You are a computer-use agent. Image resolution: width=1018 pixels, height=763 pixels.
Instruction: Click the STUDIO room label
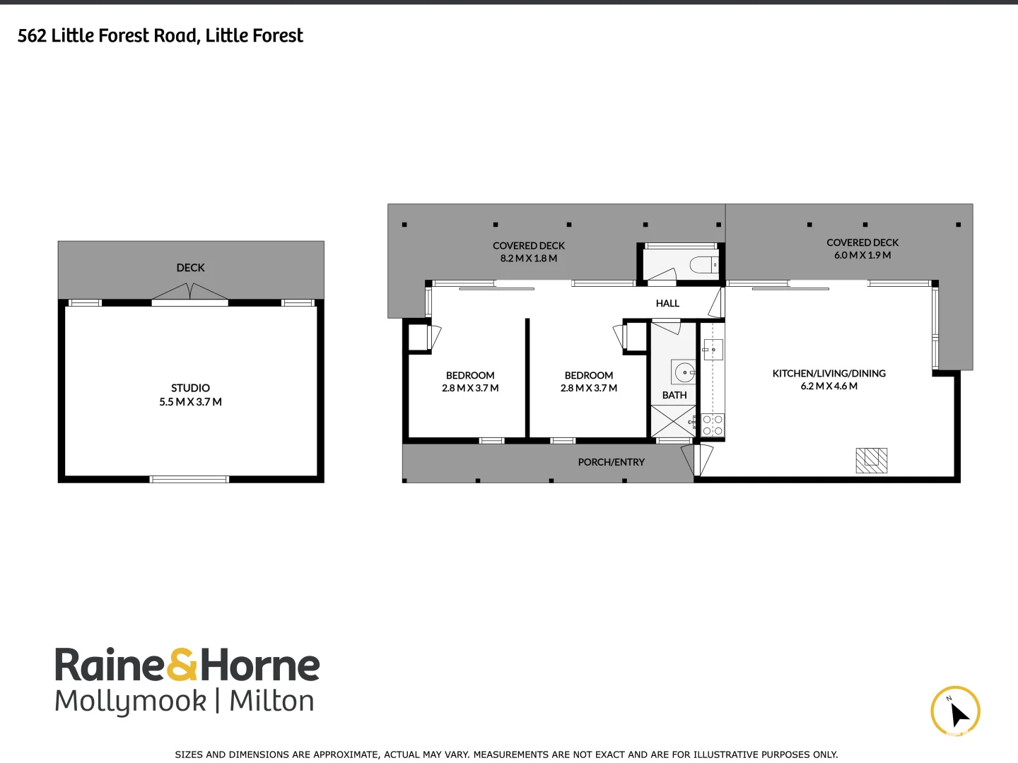[x=190, y=388]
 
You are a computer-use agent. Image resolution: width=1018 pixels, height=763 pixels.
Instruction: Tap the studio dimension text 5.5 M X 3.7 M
[x=190, y=402]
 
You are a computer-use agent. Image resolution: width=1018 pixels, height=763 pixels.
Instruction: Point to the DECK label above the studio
[x=190, y=268]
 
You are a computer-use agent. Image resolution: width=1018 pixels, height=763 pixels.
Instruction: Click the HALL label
[x=667, y=303]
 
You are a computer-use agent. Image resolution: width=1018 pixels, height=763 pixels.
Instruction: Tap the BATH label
[x=674, y=395]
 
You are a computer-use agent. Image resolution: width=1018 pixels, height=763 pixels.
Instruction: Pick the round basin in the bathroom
[x=684, y=372]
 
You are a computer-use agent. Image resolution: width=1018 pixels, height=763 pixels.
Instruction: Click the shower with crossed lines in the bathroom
[x=672, y=421]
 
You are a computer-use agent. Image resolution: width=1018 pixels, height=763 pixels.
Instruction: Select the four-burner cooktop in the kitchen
[x=713, y=425]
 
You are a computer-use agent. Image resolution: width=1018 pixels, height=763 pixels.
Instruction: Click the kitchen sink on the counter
[x=713, y=349]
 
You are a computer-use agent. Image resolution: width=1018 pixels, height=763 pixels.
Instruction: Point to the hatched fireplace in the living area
[x=871, y=460]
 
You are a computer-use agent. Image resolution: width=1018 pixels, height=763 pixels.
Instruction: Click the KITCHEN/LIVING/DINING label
[x=829, y=373]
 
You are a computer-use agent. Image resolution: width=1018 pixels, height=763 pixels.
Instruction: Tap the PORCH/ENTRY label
[x=611, y=462]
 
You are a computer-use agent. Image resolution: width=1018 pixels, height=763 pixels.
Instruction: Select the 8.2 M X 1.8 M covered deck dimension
[x=529, y=259]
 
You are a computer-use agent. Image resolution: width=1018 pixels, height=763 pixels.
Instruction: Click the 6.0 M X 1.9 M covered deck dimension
[x=862, y=255]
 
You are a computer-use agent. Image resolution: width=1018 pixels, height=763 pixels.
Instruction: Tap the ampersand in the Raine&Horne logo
[x=182, y=666]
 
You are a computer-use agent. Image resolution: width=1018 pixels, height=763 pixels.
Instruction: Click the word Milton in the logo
[x=271, y=701]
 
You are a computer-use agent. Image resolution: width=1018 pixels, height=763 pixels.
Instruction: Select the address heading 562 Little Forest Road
[x=160, y=36]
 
